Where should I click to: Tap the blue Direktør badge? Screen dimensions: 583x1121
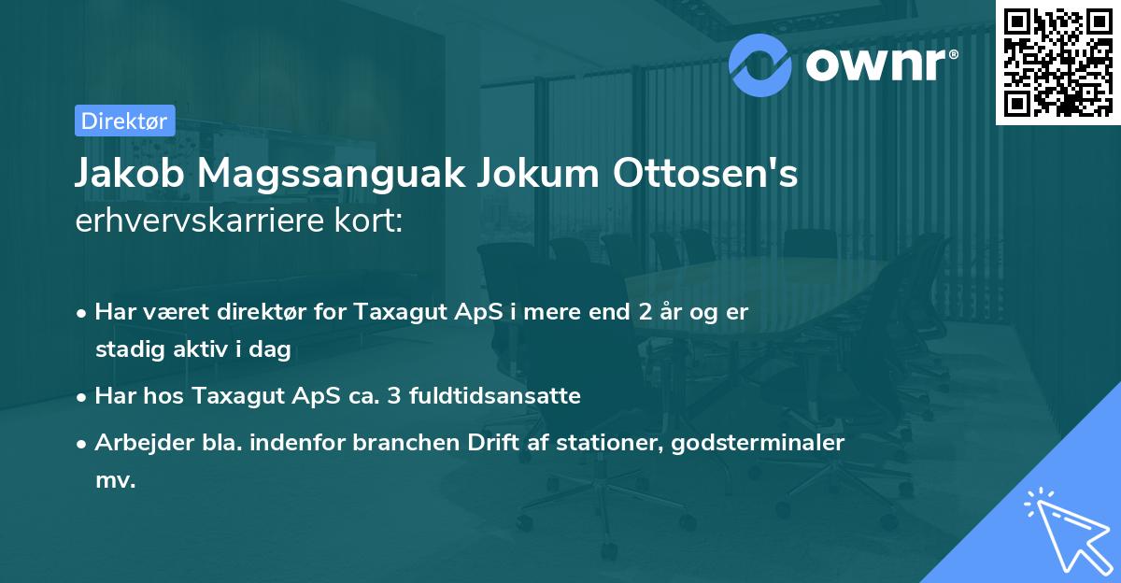pyautogui.click(x=124, y=121)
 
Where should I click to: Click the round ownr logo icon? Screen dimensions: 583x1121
pyautogui.click(x=760, y=64)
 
